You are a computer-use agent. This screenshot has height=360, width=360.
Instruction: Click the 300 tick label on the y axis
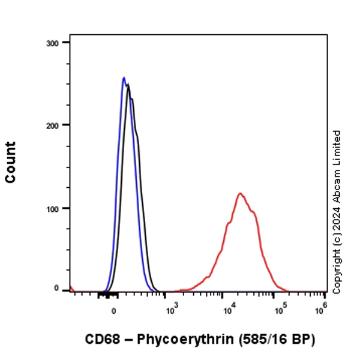[53, 43]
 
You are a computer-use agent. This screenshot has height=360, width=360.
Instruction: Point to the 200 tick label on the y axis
[53, 125]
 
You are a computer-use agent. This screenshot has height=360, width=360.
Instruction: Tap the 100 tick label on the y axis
[53, 208]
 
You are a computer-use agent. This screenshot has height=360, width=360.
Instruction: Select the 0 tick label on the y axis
[58, 289]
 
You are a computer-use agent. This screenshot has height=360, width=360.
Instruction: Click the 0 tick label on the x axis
[113, 311]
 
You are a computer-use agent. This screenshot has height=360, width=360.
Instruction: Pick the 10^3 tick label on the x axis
[172, 310]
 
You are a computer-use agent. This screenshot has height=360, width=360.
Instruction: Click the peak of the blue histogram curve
[124, 77]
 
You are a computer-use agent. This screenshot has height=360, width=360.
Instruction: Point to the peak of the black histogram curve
[128, 86]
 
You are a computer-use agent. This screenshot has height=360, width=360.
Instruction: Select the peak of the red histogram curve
[240, 193]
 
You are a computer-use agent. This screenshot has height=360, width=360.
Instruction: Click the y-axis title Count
[11, 163]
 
